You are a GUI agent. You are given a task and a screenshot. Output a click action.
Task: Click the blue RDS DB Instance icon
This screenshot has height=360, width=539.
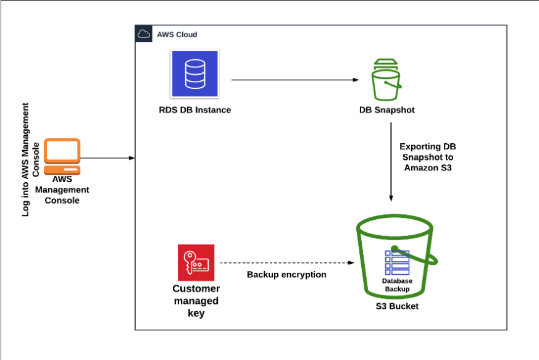coord(194,73)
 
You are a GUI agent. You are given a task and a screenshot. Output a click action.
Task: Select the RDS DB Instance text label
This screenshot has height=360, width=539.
coord(194,110)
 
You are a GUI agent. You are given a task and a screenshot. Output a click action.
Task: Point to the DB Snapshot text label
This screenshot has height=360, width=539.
coord(387,110)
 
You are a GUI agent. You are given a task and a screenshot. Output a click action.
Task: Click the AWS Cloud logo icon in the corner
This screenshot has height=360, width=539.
coord(144,35)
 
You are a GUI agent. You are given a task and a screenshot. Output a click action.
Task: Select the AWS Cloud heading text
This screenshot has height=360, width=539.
coord(177,35)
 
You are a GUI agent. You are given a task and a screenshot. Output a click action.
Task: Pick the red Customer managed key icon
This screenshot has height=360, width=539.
coord(196,262)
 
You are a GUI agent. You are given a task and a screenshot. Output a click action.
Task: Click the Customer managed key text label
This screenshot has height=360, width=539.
coord(196,301)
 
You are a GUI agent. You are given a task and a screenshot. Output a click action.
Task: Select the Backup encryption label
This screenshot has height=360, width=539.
coord(286,274)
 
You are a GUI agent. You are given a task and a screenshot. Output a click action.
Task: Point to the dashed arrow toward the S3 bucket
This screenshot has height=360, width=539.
coord(287,263)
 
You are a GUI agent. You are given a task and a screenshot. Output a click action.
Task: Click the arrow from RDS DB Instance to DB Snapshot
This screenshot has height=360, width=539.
coord(295,80)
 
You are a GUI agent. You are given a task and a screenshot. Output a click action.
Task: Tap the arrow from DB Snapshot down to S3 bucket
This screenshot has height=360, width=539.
coord(391,161)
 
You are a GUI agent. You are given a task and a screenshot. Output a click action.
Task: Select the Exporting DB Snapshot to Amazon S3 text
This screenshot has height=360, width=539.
coord(428,157)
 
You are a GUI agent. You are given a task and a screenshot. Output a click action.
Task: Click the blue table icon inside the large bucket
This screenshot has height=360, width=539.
coord(397,262)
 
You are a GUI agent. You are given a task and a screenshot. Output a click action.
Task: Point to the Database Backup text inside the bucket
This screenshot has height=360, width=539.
coord(397,285)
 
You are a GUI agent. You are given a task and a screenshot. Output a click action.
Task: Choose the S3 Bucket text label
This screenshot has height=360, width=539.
coord(397,306)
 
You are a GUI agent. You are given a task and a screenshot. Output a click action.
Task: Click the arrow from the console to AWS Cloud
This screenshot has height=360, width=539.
coord(108,158)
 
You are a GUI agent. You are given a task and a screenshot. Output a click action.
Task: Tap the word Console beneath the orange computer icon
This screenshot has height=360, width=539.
coord(62,200)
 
